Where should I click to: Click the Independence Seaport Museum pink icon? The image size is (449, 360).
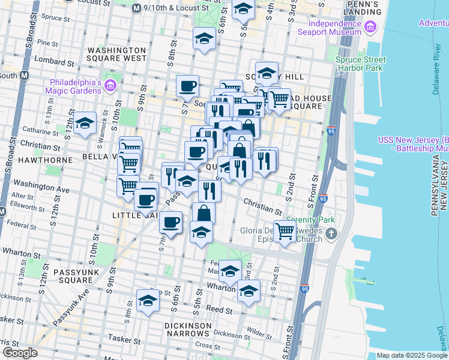point(370,28)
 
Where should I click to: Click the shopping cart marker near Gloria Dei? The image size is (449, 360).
point(284,231)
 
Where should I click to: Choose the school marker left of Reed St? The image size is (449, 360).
point(148,301)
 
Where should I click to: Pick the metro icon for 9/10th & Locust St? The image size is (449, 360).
point(136,8)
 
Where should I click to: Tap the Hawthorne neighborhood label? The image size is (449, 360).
point(29,160)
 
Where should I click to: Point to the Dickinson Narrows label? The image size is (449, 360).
point(189,329)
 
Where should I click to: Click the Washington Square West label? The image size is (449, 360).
point(116,54)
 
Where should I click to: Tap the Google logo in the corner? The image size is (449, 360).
point(19,353)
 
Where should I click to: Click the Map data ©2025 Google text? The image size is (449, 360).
point(412,355)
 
